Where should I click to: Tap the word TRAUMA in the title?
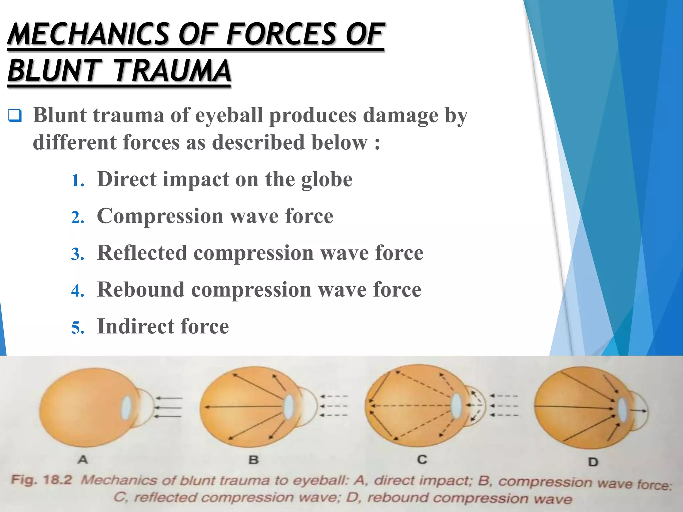click(x=172, y=70)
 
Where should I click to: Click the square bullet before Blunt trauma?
click(x=15, y=116)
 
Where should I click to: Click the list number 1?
click(x=77, y=181)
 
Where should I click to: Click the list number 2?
click(x=77, y=218)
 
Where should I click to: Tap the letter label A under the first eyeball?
click(x=83, y=460)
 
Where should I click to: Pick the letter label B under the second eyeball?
click(x=253, y=460)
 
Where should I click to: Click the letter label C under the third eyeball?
click(x=422, y=459)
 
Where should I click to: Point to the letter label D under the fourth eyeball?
click(x=593, y=462)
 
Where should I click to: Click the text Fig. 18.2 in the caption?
click(x=42, y=480)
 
